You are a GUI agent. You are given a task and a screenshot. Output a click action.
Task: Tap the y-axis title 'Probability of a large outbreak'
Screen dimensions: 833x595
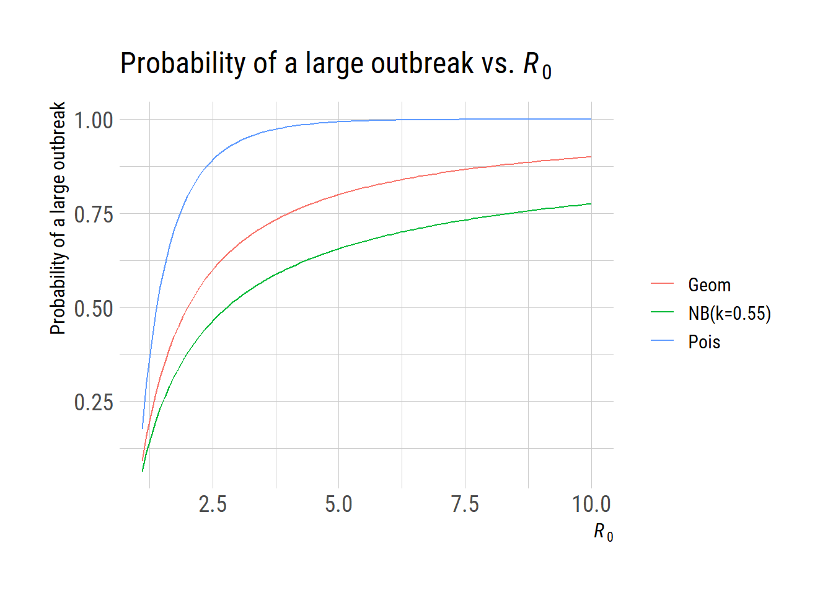[x=58, y=218]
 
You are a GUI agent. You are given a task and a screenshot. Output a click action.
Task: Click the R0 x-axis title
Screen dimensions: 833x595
[x=603, y=532]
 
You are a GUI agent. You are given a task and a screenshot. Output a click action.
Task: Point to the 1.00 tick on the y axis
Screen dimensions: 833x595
[x=94, y=120]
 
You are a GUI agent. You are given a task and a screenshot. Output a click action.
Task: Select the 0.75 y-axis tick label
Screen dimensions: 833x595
[x=94, y=214]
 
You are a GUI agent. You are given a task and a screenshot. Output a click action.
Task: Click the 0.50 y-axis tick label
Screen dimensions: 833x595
[x=94, y=309]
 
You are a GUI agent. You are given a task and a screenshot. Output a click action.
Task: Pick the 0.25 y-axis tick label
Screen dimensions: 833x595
[x=94, y=402]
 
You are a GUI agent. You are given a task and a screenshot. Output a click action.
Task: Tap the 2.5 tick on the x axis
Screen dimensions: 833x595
[x=213, y=505]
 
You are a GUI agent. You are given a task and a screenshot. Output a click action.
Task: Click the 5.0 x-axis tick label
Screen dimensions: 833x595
[x=338, y=505]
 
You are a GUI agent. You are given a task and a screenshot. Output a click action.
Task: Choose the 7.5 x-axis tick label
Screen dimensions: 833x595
[x=465, y=505]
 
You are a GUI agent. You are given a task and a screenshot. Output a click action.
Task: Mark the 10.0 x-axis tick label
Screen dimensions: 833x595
[x=591, y=505]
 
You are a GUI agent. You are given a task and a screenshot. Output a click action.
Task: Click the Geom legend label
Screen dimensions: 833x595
[x=709, y=285]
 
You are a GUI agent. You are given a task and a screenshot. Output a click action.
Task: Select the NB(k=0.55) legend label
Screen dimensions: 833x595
[x=729, y=314]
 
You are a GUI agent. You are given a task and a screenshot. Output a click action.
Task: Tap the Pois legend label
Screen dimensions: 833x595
[x=704, y=342]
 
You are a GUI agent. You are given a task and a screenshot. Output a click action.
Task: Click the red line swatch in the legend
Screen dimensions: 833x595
[x=662, y=283]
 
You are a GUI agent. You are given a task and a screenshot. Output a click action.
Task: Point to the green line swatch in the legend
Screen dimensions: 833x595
[x=662, y=312]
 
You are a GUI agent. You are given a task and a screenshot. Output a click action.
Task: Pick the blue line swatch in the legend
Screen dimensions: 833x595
[x=662, y=340]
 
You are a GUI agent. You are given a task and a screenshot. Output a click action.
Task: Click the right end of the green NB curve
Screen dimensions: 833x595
[x=591, y=204]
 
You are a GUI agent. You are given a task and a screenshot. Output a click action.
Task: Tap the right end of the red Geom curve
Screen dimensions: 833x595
[x=591, y=157]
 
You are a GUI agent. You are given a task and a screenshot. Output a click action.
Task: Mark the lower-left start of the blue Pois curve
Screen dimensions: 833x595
[x=143, y=428]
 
